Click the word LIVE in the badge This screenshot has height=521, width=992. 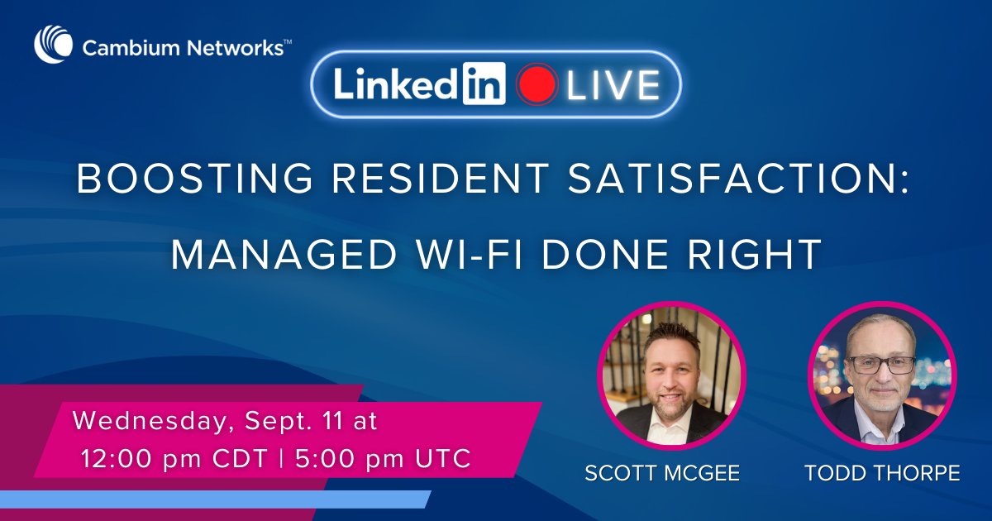tap(612, 86)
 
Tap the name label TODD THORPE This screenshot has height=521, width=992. tap(882, 473)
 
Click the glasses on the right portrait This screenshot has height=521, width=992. tap(880, 365)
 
